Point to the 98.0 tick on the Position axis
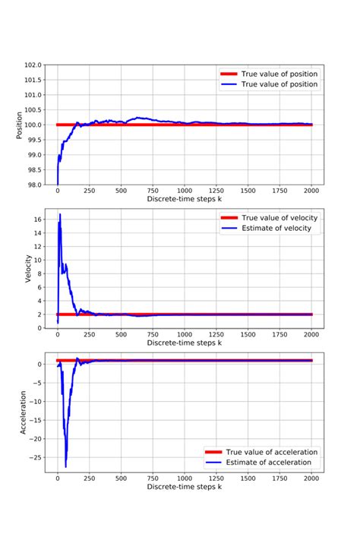click(35, 184)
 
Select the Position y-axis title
click(21, 125)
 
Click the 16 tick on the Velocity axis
click(39, 219)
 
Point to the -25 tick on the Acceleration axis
click(36, 457)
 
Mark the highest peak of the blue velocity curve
click(60, 215)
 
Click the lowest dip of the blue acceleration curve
click(66, 466)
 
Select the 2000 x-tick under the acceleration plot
click(311, 478)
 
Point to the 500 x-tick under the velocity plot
click(121, 334)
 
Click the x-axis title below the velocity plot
click(185, 343)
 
